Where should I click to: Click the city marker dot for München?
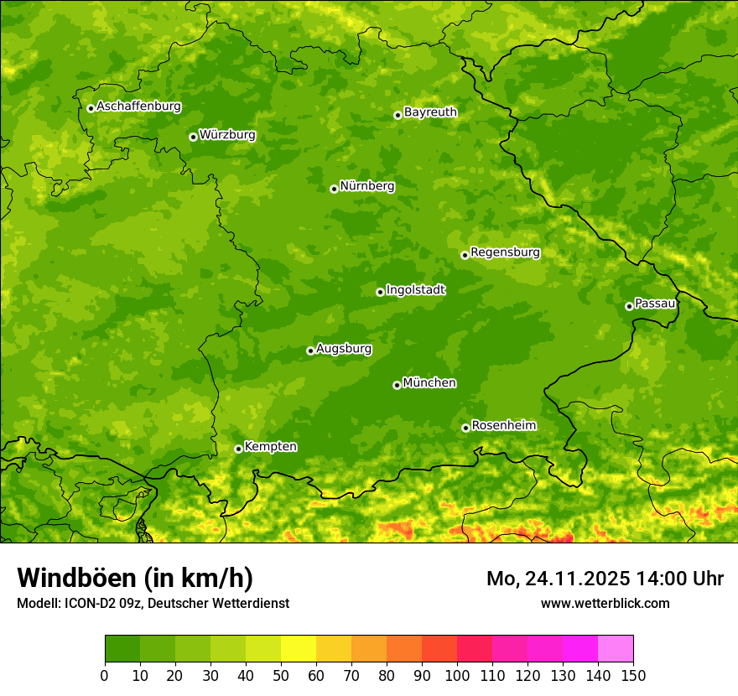pyautogui.click(x=397, y=385)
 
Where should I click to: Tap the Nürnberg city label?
pyautogui.click(x=367, y=186)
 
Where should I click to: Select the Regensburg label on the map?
pyautogui.click(x=505, y=252)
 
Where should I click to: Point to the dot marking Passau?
pyautogui.click(x=629, y=306)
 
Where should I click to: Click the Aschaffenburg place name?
pyautogui.click(x=138, y=106)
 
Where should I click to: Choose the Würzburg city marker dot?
pyautogui.click(x=193, y=137)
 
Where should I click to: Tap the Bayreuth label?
pyautogui.click(x=430, y=112)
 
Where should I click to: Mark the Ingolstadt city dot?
pyautogui.click(x=380, y=292)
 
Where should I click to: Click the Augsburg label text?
pyautogui.click(x=344, y=349)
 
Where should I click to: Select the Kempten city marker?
pyautogui.click(x=238, y=449)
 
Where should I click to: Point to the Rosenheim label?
pyautogui.click(x=503, y=426)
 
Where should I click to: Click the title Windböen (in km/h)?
pyautogui.click(x=135, y=579)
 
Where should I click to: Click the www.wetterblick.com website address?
pyautogui.click(x=605, y=603)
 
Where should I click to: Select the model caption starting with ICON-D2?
pyautogui.click(x=153, y=603)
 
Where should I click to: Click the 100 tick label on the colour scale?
pyautogui.click(x=457, y=675)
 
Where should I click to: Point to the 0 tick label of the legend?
pyautogui.click(x=105, y=675)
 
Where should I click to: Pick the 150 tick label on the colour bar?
pyautogui.click(x=633, y=675)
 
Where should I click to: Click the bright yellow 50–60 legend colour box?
pyautogui.click(x=299, y=649)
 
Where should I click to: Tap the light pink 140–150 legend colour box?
pyautogui.click(x=616, y=649)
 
